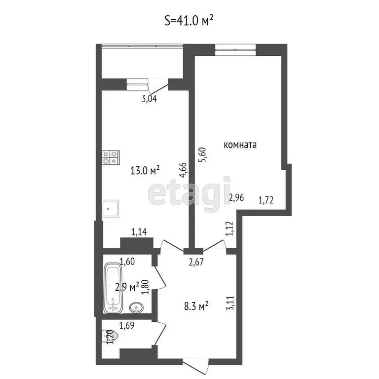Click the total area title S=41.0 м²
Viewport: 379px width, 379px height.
pos(189,20)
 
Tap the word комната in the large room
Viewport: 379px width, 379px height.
pos(240,145)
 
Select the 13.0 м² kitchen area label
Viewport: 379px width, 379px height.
pos(145,171)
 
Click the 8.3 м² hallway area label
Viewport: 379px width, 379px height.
pos(195,306)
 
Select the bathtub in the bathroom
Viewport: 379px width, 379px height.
pos(113,288)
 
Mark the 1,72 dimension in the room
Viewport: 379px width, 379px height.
pos(266,200)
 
